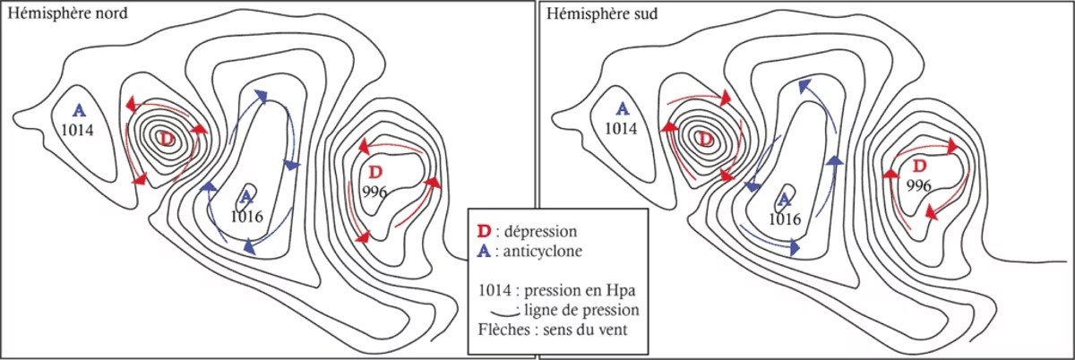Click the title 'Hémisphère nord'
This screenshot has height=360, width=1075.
tap(68, 13)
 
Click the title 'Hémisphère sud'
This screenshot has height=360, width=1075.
tap(602, 13)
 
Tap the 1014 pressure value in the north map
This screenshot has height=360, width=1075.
tap(77, 130)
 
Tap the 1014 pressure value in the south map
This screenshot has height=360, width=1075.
tap(621, 129)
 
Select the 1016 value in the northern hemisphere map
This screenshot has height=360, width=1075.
tap(246, 217)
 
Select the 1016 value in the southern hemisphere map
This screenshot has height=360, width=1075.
tap(785, 219)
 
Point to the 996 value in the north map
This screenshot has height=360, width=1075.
tap(374, 192)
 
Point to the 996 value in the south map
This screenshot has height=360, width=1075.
tap(918, 185)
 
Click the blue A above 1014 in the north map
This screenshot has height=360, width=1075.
tap(79, 110)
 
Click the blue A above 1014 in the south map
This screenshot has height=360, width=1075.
tap(623, 108)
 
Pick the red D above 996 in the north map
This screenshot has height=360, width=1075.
tap(376, 171)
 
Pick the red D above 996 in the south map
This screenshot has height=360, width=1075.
tap(919, 166)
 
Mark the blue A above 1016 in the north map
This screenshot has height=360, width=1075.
tap(245, 196)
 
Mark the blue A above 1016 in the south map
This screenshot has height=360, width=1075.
tap(784, 199)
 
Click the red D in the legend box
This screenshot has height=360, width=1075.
tap(485, 231)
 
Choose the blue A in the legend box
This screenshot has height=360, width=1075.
tap(485, 251)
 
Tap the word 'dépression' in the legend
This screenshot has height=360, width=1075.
tap(540, 232)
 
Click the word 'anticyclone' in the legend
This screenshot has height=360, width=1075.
tap(542, 251)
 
